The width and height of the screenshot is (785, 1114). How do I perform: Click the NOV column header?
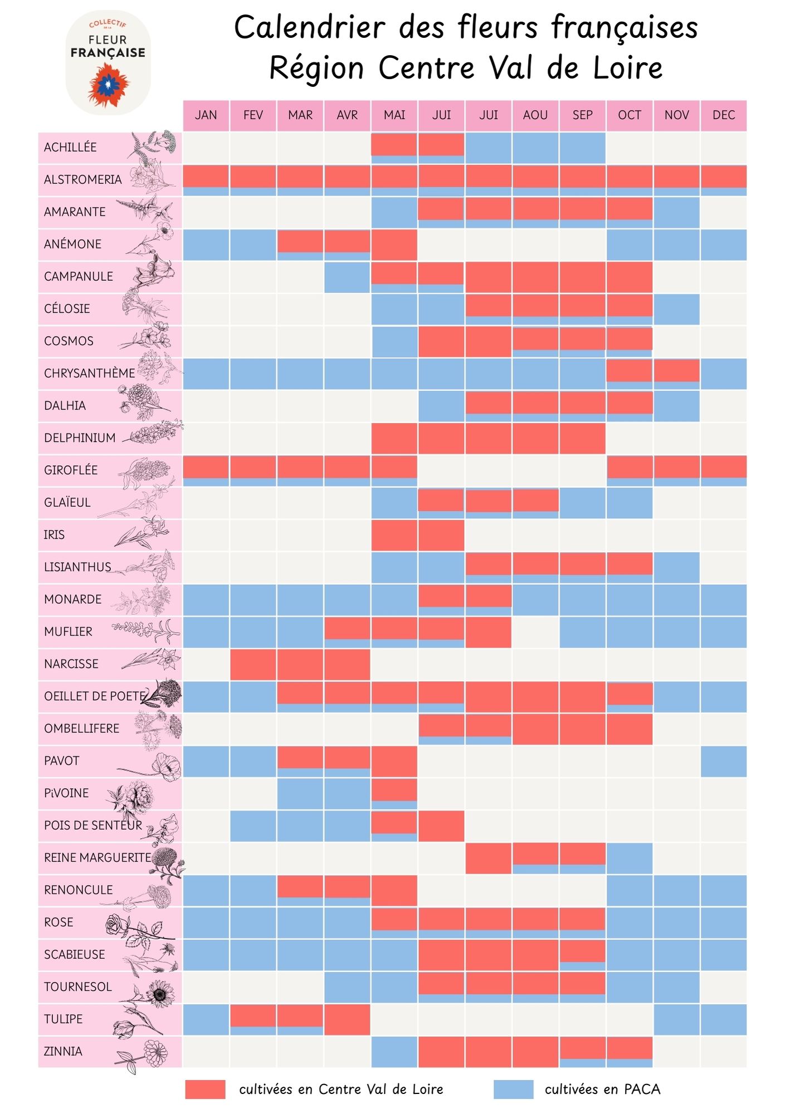[676, 115]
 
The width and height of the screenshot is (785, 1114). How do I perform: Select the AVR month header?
[347, 115]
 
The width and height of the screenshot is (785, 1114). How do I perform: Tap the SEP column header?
[582, 115]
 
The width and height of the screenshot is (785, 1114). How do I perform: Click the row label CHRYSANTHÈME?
[89, 373]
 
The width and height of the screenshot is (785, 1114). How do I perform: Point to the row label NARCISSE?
[71, 664]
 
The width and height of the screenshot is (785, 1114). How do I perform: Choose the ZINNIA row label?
[63, 1052]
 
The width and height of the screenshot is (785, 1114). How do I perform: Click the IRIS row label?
[54, 535]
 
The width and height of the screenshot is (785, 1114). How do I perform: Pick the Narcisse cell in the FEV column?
[253, 664]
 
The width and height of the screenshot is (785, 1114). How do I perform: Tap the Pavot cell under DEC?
[724, 761]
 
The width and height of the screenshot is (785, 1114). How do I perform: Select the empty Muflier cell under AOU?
[535, 632]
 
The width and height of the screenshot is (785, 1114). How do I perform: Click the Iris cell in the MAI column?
[394, 535]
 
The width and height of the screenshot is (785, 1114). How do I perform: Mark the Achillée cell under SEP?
[582, 148]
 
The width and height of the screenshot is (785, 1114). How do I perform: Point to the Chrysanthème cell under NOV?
[676, 373]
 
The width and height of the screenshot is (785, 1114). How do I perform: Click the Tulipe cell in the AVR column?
[347, 1019]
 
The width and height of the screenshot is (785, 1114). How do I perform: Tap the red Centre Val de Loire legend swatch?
[205, 1089]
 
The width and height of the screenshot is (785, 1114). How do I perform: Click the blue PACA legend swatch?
[513, 1089]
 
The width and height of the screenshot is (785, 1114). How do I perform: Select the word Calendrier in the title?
[309, 28]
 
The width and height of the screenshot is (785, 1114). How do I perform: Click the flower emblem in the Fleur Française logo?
[108, 85]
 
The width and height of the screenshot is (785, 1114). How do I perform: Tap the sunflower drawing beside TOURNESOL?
[160, 993]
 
